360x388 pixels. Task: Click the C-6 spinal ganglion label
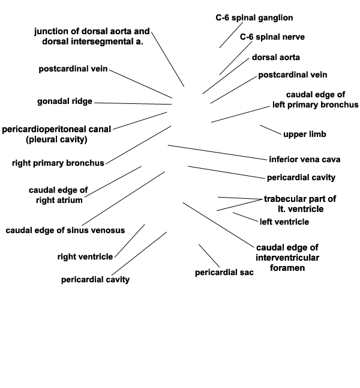click(254, 18)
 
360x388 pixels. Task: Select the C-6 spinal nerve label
click(272, 37)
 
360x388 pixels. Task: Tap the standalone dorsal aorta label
click(276, 58)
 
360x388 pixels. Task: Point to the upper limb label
click(305, 135)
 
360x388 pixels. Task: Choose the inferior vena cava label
click(305, 159)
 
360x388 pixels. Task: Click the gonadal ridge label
click(65, 102)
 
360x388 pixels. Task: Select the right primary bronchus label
click(58, 163)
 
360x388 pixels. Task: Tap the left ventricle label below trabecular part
click(284, 222)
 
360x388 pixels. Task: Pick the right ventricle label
click(85, 256)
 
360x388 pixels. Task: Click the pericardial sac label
click(224, 273)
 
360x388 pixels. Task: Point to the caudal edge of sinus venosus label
click(65, 231)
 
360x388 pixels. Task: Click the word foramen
click(287, 268)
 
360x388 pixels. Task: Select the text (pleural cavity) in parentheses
click(56, 139)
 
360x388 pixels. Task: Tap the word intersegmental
click(102, 41)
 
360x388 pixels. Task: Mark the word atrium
click(70, 200)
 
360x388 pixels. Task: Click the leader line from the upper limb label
click(271, 130)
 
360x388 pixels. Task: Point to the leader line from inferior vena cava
click(217, 153)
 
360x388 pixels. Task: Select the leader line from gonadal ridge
click(133, 104)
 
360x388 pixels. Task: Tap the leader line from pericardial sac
click(209, 256)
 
